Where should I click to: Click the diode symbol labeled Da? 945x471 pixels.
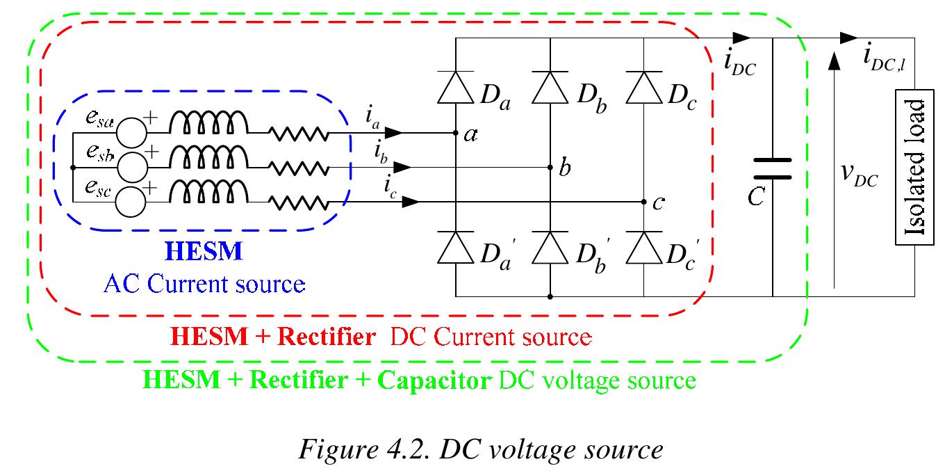pos(455,88)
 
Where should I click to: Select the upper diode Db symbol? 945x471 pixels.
pos(550,88)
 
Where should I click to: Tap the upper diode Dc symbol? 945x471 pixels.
pos(643,88)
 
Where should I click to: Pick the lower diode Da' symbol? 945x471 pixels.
pos(455,248)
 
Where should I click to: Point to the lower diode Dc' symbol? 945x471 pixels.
pos(643,248)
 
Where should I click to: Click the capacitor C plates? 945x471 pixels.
pos(772,168)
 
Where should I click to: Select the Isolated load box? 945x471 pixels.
pos(914,167)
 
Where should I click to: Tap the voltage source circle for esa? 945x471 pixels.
pos(131,132)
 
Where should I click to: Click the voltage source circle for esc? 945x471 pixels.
pos(131,202)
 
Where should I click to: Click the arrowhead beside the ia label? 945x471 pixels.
pos(393,132)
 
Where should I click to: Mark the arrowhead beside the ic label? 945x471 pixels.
pos(410,202)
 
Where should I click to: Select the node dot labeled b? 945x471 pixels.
pos(550,167)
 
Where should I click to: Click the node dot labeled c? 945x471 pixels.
pos(643,202)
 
